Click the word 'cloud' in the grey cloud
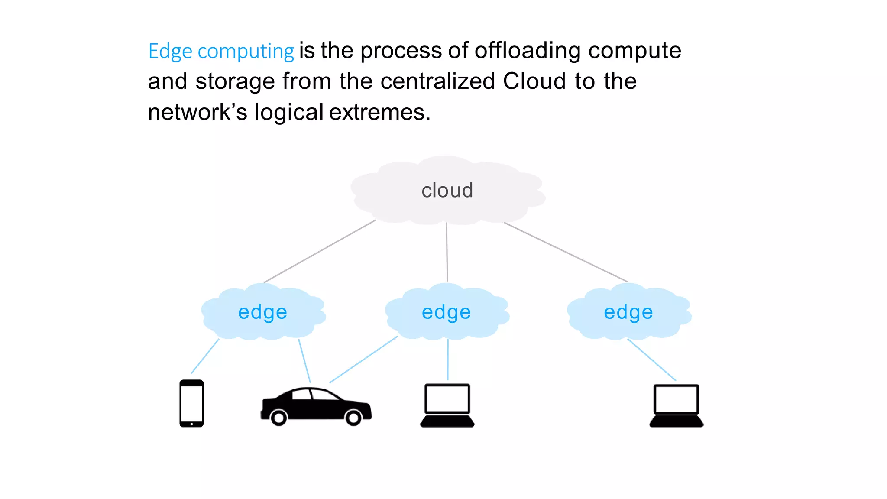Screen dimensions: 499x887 pos(447,191)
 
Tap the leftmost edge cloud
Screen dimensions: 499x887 pos(262,312)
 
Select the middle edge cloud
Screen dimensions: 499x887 pos(446,312)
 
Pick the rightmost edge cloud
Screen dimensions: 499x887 pos(628,312)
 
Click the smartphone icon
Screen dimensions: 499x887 pos(191,403)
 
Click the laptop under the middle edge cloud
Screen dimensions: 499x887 pos(447,405)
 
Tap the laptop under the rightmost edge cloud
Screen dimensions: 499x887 pos(676,405)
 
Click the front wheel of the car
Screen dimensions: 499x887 pos(353,418)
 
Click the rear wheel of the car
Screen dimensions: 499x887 pos(278,418)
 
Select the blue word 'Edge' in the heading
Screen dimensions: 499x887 pos(170,52)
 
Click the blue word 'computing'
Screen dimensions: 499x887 pos(246,52)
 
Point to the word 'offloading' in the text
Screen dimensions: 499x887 pos(528,50)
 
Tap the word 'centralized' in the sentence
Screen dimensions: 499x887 pos(437,81)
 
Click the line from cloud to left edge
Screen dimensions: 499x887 pos(320,251)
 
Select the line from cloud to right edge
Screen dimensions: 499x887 pos(565,252)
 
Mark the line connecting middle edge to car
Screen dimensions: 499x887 pos(364,359)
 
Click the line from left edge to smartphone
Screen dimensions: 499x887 pos(205,356)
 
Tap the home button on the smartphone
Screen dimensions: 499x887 pos(191,424)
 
